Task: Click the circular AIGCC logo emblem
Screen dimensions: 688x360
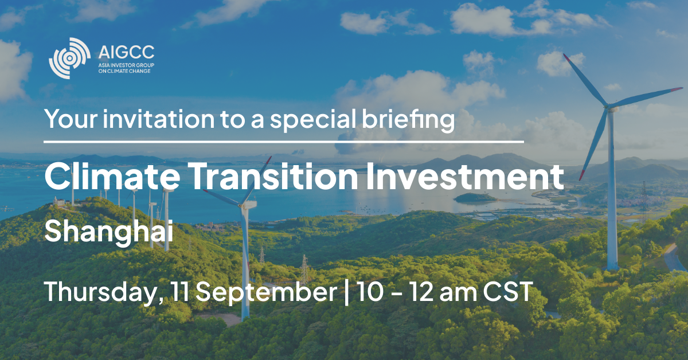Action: [x=70, y=58]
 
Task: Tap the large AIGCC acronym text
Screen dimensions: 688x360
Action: [x=126, y=52]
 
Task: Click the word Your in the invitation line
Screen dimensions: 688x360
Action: [x=71, y=119]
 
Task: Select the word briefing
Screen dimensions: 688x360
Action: [x=408, y=120]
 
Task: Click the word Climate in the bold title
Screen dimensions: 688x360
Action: [x=112, y=175]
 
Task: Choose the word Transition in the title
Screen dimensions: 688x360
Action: [x=275, y=175]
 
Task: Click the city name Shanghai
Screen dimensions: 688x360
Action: [x=109, y=233]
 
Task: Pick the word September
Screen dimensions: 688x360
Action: [x=266, y=293]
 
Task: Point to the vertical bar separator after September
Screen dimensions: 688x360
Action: [x=346, y=293]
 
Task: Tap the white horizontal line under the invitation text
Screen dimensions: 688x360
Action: [x=284, y=142]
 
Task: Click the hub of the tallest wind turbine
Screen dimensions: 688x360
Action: [x=608, y=106]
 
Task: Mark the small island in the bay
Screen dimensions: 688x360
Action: [x=475, y=198]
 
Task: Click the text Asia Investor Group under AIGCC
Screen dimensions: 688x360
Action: [x=126, y=65]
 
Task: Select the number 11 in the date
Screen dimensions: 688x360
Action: [x=179, y=292]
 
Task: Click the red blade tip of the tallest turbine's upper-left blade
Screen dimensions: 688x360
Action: [x=565, y=56]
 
